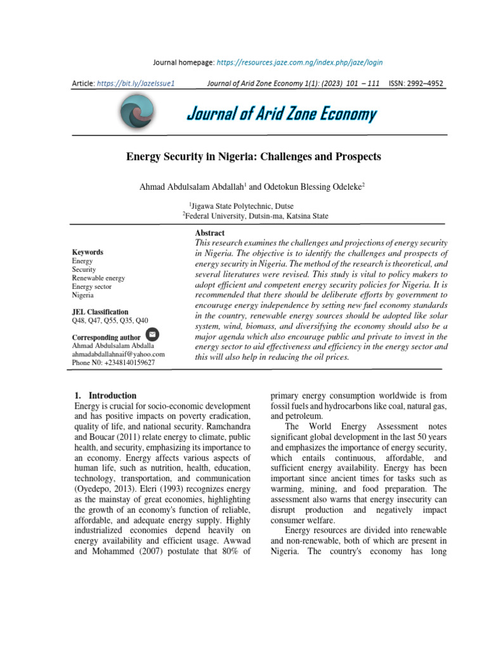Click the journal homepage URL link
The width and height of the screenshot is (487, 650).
point(299,63)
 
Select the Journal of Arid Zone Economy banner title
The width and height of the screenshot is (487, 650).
point(281,114)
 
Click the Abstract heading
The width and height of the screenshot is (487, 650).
point(210,233)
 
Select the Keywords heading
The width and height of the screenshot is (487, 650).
point(88,252)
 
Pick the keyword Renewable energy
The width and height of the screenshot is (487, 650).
point(98,278)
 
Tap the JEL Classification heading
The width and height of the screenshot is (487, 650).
point(100,312)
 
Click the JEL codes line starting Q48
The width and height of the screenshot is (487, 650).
point(110,321)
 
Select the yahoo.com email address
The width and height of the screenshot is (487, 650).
point(118,354)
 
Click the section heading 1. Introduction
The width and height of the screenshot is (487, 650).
point(105,395)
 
